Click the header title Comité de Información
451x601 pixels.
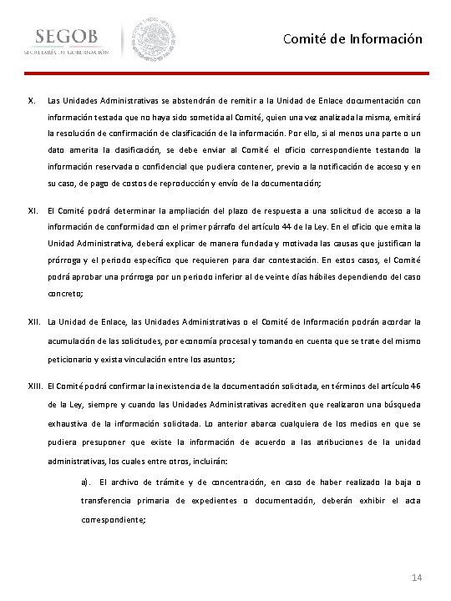pyautogui.click(x=352, y=38)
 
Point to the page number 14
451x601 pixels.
pyautogui.click(x=418, y=578)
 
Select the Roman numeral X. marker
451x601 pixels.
pyautogui.click(x=32, y=99)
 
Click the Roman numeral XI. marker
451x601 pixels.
pyautogui.click(x=33, y=211)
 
